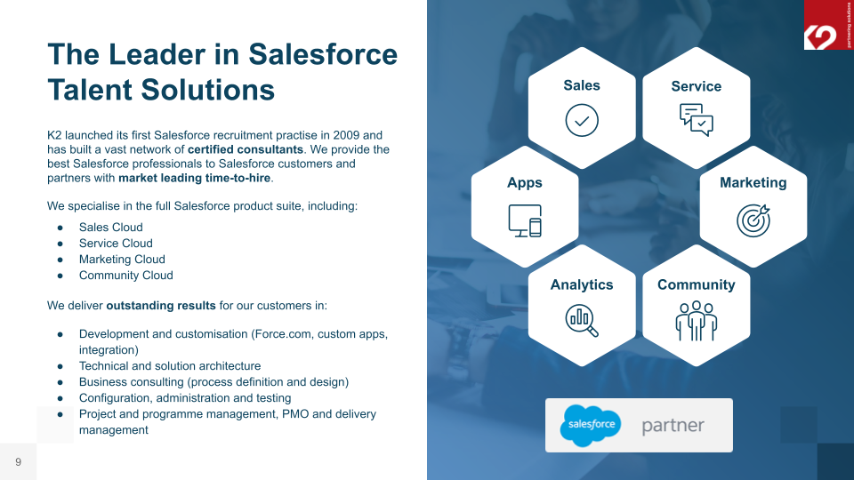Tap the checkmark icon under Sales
(x=582, y=120)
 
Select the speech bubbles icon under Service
(x=696, y=120)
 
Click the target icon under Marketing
(x=753, y=220)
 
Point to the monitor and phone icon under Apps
(x=525, y=220)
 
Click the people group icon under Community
(x=696, y=320)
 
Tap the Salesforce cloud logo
(x=590, y=425)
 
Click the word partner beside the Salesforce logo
(x=673, y=426)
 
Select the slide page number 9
(x=18, y=461)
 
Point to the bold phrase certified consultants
(x=246, y=149)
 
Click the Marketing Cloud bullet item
(x=122, y=260)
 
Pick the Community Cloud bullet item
(x=125, y=276)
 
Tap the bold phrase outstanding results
(x=161, y=306)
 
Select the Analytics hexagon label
(x=582, y=284)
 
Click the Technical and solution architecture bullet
(x=170, y=366)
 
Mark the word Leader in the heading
(x=166, y=54)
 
